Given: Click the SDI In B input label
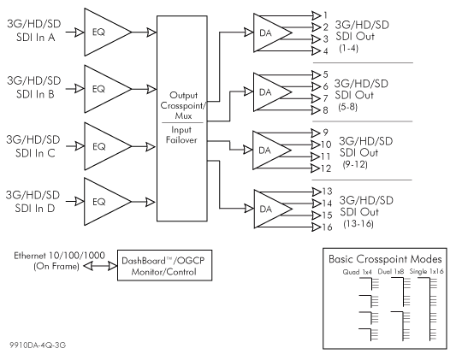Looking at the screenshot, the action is (x=34, y=87).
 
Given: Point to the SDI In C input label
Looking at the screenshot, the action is (x=33, y=146).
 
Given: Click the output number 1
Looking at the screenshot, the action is (x=325, y=15).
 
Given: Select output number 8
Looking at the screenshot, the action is (x=325, y=110).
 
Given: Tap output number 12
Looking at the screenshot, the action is (x=326, y=168).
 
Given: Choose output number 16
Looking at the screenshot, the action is (x=327, y=227).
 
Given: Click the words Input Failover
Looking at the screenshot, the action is (x=181, y=134).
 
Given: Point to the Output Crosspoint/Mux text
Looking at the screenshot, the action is (x=183, y=105).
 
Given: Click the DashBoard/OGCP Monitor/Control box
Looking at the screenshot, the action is (x=165, y=265).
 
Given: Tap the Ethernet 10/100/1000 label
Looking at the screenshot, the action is (x=59, y=256).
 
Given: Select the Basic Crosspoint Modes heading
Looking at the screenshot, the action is (x=385, y=259).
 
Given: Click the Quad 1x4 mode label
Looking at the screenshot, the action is (x=358, y=272).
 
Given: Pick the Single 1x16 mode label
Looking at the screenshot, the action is (x=426, y=272).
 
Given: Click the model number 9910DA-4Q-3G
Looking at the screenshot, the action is (x=38, y=345).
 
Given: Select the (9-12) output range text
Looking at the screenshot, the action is (x=355, y=164).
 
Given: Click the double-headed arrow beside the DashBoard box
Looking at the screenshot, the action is (x=100, y=266).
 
